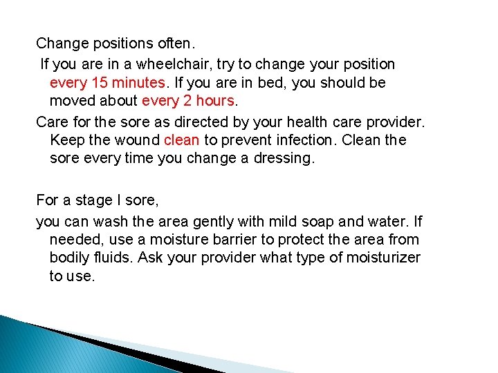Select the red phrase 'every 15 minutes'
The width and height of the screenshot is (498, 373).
(108, 83)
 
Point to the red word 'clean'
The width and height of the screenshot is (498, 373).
(182, 140)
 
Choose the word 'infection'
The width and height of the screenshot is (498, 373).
(304, 140)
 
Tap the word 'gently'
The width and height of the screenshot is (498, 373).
(210, 222)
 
